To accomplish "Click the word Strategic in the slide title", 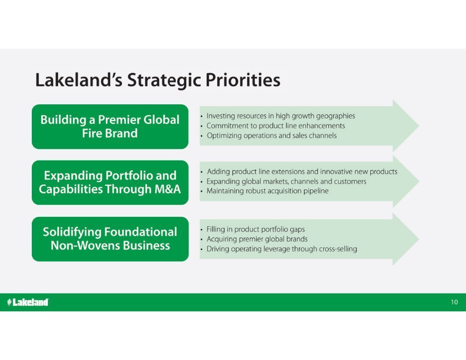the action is (x=164, y=80).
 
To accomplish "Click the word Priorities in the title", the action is (x=243, y=80).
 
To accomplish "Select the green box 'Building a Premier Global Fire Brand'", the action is (x=110, y=127).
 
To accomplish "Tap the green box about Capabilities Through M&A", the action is (x=110, y=183).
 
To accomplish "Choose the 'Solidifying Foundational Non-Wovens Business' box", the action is (x=110, y=239).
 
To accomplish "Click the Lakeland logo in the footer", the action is (x=28, y=302).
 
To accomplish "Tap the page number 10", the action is (x=454, y=302).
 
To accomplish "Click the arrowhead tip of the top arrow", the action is (x=419, y=126).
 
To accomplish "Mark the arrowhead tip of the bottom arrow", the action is (x=419, y=239).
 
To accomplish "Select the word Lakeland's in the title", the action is (x=79, y=80).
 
